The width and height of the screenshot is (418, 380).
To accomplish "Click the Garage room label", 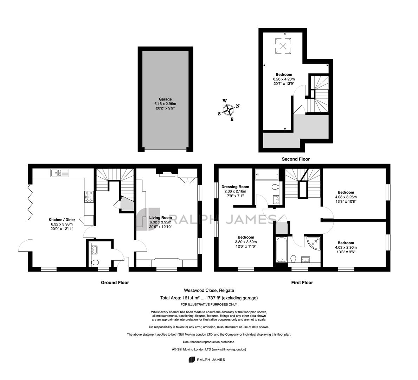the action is click(x=165, y=99).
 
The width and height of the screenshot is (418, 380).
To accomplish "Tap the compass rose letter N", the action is click(x=238, y=106).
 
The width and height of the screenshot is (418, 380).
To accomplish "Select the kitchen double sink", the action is click(x=60, y=173).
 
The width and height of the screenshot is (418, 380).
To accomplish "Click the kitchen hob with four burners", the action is click(x=89, y=196).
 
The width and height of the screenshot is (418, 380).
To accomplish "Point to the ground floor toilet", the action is click(x=94, y=262).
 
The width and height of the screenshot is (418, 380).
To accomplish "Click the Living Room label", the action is click(x=160, y=218).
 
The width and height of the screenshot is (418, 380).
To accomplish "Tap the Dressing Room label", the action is click(x=236, y=187).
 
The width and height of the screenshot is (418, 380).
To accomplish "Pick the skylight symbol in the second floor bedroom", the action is click(x=283, y=46).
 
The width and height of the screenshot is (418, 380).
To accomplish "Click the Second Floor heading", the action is click(x=296, y=159).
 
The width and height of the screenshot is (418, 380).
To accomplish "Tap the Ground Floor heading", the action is click(x=115, y=282).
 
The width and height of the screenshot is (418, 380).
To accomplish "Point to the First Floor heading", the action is click(x=302, y=282).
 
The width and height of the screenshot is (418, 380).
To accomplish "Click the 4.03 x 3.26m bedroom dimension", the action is click(x=346, y=197).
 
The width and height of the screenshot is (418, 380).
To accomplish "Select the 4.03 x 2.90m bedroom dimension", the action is click(x=346, y=247).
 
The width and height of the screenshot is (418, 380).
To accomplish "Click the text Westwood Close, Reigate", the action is click(x=209, y=290).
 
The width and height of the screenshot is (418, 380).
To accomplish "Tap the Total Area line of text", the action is click(x=209, y=298).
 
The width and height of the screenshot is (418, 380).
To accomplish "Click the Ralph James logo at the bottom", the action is click(x=207, y=360).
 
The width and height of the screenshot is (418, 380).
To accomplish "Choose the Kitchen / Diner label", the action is click(x=62, y=220).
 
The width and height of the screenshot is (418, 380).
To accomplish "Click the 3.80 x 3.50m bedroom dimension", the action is click(x=246, y=242).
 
